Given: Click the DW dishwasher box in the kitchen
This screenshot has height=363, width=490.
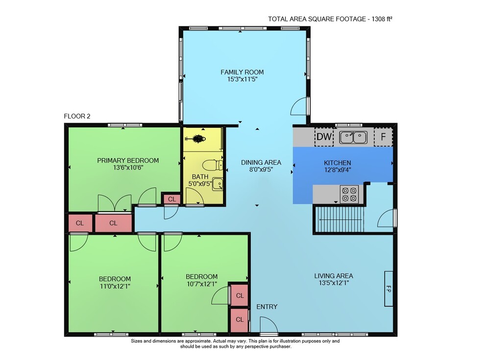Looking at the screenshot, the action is [324, 137].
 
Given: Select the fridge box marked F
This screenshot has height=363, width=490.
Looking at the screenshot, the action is [383, 137].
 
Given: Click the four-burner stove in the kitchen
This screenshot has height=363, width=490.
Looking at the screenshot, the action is [349, 194].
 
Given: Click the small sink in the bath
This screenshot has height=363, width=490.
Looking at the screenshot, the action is [218, 184].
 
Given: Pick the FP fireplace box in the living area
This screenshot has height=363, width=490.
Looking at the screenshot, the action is [389, 289].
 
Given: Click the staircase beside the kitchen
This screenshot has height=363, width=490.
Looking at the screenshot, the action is [340, 219].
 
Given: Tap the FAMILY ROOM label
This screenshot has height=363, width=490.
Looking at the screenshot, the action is [242, 72].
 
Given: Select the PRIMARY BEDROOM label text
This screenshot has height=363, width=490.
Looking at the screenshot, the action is [128, 161].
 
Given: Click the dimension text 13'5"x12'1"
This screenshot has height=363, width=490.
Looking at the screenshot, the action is [334, 283].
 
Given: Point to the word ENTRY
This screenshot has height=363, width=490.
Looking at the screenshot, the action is [267, 307].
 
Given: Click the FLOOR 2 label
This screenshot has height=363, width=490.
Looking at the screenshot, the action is [77, 116].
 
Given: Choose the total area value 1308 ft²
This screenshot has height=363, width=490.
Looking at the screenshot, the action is [382, 19].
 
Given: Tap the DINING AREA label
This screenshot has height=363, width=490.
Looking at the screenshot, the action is [261, 163].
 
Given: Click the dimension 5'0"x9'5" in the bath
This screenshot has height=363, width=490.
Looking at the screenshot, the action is [200, 184].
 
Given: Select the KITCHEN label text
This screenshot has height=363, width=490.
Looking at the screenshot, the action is [338, 163].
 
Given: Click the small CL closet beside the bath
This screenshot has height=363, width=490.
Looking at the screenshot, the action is [171, 199].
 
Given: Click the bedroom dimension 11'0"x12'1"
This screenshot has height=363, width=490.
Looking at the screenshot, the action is [115, 286].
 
